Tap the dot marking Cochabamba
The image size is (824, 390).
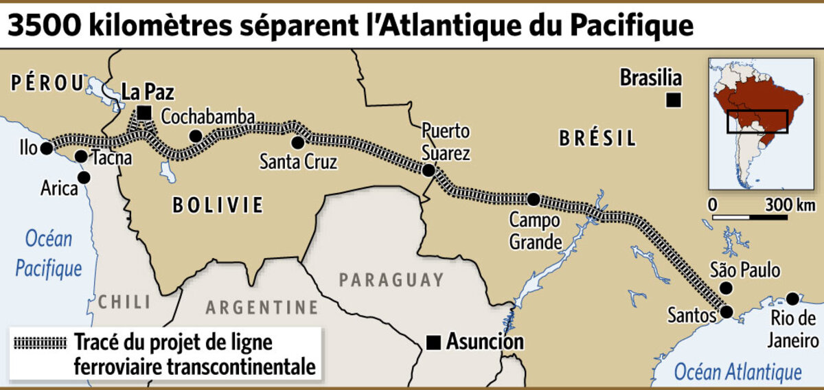click(196, 136)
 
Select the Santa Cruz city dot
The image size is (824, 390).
click(297, 143)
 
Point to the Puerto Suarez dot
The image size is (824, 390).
click(428, 170)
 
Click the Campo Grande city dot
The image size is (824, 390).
click(534, 199)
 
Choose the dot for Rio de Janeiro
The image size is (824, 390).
click(792, 299)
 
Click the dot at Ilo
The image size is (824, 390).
click(46, 148)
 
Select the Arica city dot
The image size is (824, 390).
click(84, 177)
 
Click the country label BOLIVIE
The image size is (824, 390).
click(218, 205)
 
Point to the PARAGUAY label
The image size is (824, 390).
click(391, 280)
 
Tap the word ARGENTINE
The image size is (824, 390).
click(262, 307)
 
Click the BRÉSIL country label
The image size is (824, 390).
click(597, 139)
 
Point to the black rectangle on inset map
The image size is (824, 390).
click(757, 122)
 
